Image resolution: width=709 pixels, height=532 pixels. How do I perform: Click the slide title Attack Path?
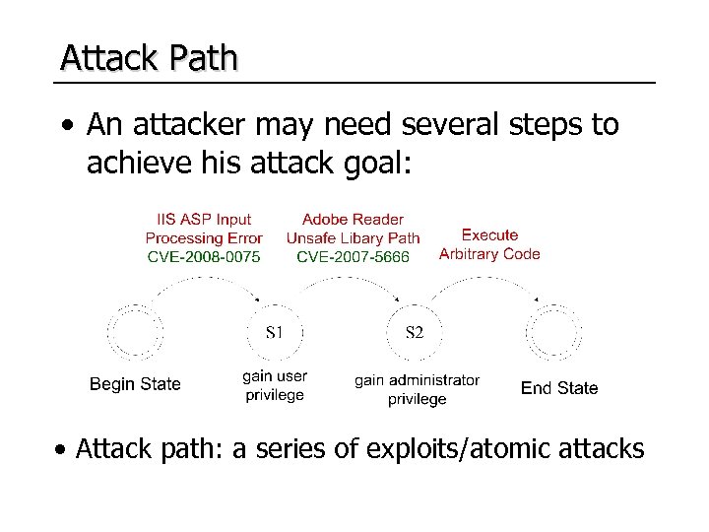pos(149,58)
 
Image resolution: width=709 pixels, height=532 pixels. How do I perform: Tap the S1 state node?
pos(277,332)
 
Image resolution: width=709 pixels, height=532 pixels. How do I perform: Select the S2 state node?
pos(415,332)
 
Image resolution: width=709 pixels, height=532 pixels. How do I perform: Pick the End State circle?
pos(555,332)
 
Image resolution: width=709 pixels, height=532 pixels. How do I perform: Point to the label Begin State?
pos(135,383)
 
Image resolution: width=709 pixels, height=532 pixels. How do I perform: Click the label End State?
pos(558,388)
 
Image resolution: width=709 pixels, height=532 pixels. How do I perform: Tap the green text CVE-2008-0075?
pos(203,256)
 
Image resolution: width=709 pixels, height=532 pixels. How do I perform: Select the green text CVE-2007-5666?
pos(353,256)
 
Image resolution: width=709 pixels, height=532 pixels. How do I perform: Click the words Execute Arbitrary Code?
pos(489,244)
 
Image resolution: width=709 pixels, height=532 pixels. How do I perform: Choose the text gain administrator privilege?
pos(417,389)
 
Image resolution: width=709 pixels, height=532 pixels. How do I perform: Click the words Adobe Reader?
pos(353,219)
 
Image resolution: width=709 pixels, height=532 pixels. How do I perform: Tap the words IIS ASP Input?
pos(204,219)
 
